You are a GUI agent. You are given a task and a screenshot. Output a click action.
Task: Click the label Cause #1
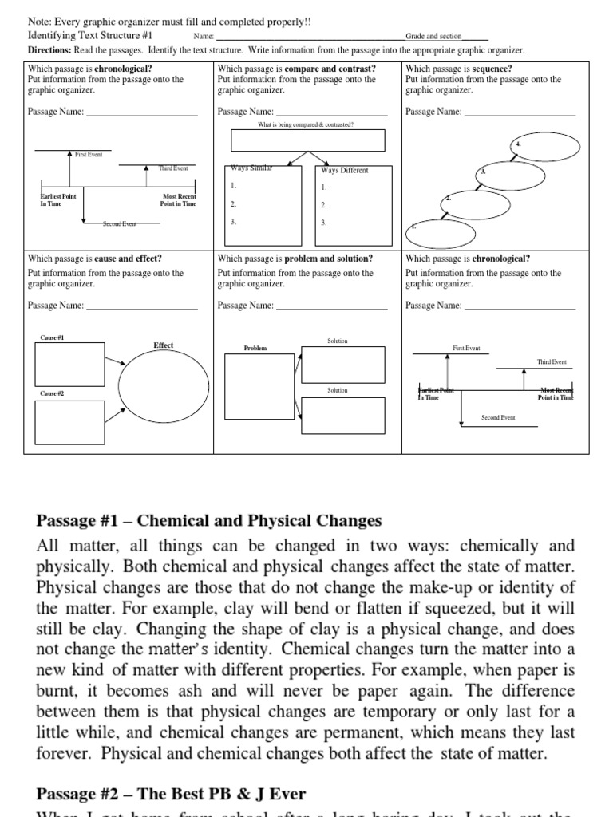pos(52,337)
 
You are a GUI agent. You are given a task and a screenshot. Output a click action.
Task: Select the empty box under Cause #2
pos(69,422)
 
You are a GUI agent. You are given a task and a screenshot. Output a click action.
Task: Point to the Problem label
pos(255,349)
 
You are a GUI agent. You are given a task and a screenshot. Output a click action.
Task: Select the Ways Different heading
pos(344,170)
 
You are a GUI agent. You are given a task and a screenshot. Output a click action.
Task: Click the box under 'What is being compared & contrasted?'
pos(307,140)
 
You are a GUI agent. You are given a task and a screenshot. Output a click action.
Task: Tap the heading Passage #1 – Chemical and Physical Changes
pos(209,521)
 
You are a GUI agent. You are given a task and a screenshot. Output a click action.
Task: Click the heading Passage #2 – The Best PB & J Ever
pos(171,794)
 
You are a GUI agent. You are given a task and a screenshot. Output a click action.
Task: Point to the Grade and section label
pos(433,37)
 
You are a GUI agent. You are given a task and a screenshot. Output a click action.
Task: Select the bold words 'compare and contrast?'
pos(324,69)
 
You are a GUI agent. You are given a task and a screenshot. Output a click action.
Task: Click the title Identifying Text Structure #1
pos(90,37)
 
